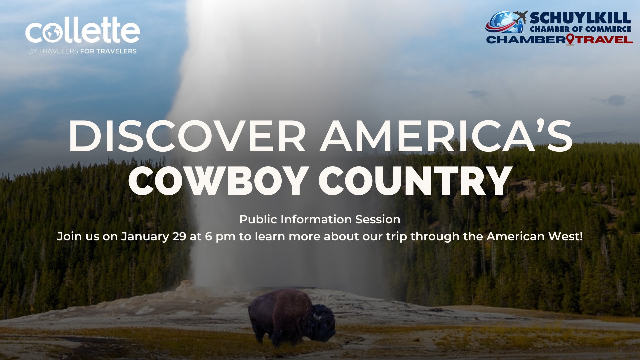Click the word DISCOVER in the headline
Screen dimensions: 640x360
tap(187, 136)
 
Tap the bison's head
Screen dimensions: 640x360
tap(322, 323)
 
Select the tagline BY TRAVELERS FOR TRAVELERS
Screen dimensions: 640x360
tap(82, 51)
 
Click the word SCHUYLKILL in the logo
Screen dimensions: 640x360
tap(580, 18)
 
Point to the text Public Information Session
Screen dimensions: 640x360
tap(320, 219)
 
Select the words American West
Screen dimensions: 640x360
tap(535, 236)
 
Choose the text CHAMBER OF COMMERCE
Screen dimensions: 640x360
tap(580, 29)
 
